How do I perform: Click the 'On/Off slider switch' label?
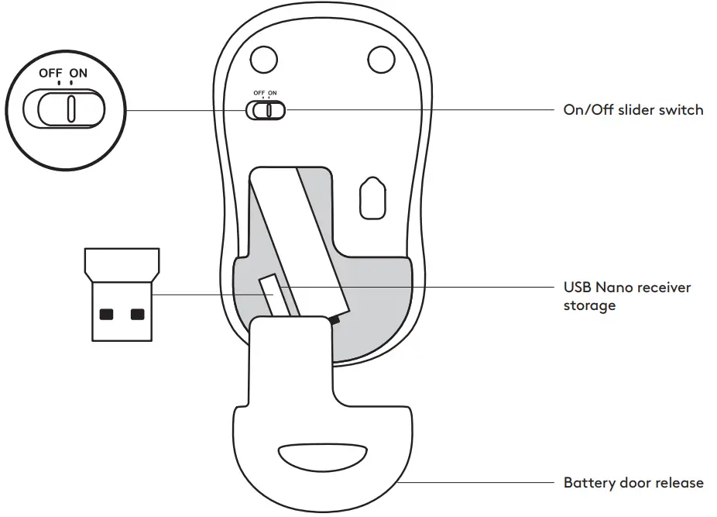tap(633, 110)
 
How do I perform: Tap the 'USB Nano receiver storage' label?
tap(626, 296)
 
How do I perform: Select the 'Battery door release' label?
tap(633, 483)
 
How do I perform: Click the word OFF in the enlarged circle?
tap(52, 74)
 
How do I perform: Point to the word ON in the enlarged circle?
tap(78, 74)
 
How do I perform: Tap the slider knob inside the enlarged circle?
tap(70, 109)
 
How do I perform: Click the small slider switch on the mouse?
tap(266, 111)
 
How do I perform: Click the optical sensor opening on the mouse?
tap(372, 200)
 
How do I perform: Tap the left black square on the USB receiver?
tap(106, 314)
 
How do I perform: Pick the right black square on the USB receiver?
tap(138, 314)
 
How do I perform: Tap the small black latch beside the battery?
tap(334, 319)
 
